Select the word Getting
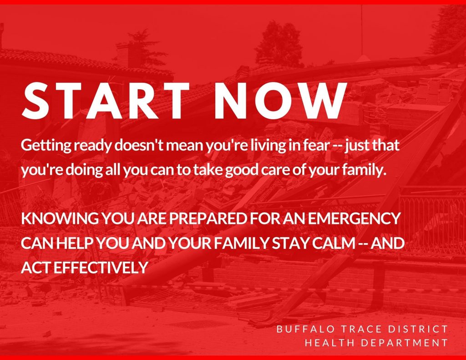point(46,146)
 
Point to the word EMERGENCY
point(354,218)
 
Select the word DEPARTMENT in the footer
point(404,343)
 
